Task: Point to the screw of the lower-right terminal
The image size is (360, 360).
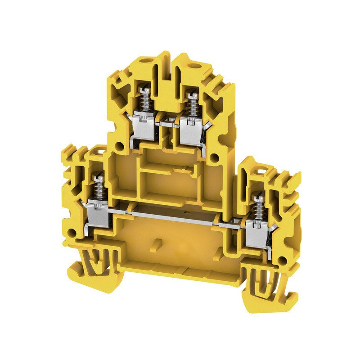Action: coord(258,199)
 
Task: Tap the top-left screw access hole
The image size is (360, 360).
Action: coord(145,60)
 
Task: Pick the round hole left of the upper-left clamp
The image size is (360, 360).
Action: coord(119,145)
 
